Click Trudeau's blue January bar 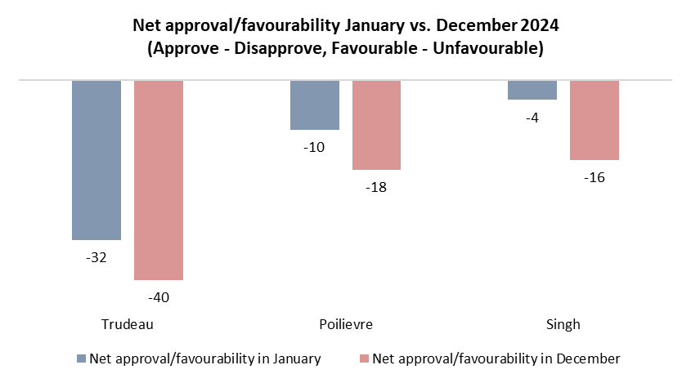(96, 160)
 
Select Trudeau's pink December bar (159, 180)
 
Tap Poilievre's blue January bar (315, 105)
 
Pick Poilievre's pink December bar (377, 125)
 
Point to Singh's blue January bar (532, 90)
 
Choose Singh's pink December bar (595, 120)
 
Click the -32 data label (96, 257)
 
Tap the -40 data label (159, 297)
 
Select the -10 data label (315, 147)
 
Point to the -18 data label (377, 187)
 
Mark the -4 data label (532, 118)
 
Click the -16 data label (595, 177)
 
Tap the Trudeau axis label (128, 324)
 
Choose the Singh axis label (563, 324)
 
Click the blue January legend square (80, 359)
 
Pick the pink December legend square (364, 359)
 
